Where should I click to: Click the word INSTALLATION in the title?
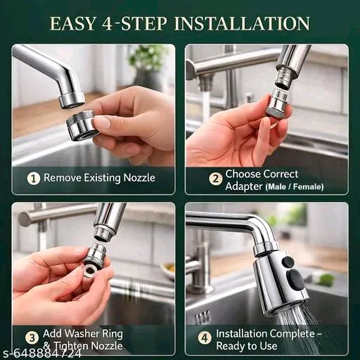click(x=242, y=23)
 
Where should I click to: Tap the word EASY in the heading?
click(x=73, y=23)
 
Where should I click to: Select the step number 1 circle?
click(x=34, y=179)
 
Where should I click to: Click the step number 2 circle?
click(x=215, y=179)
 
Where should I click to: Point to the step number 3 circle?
click(x=32, y=338)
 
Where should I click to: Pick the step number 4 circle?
click(x=205, y=338)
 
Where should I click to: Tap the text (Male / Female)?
click(x=295, y=187)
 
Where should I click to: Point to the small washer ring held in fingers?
click(x=90, y=271)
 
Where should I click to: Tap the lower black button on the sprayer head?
click(x=296, y=281)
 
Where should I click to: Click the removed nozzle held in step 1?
click(x=82, y=126)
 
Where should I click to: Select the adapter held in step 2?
click(x=278, y=103)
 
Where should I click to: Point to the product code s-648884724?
click(x=41, y=353)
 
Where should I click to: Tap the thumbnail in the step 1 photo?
click(x=103, y=122)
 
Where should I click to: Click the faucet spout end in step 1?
click(x=71, y=100)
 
